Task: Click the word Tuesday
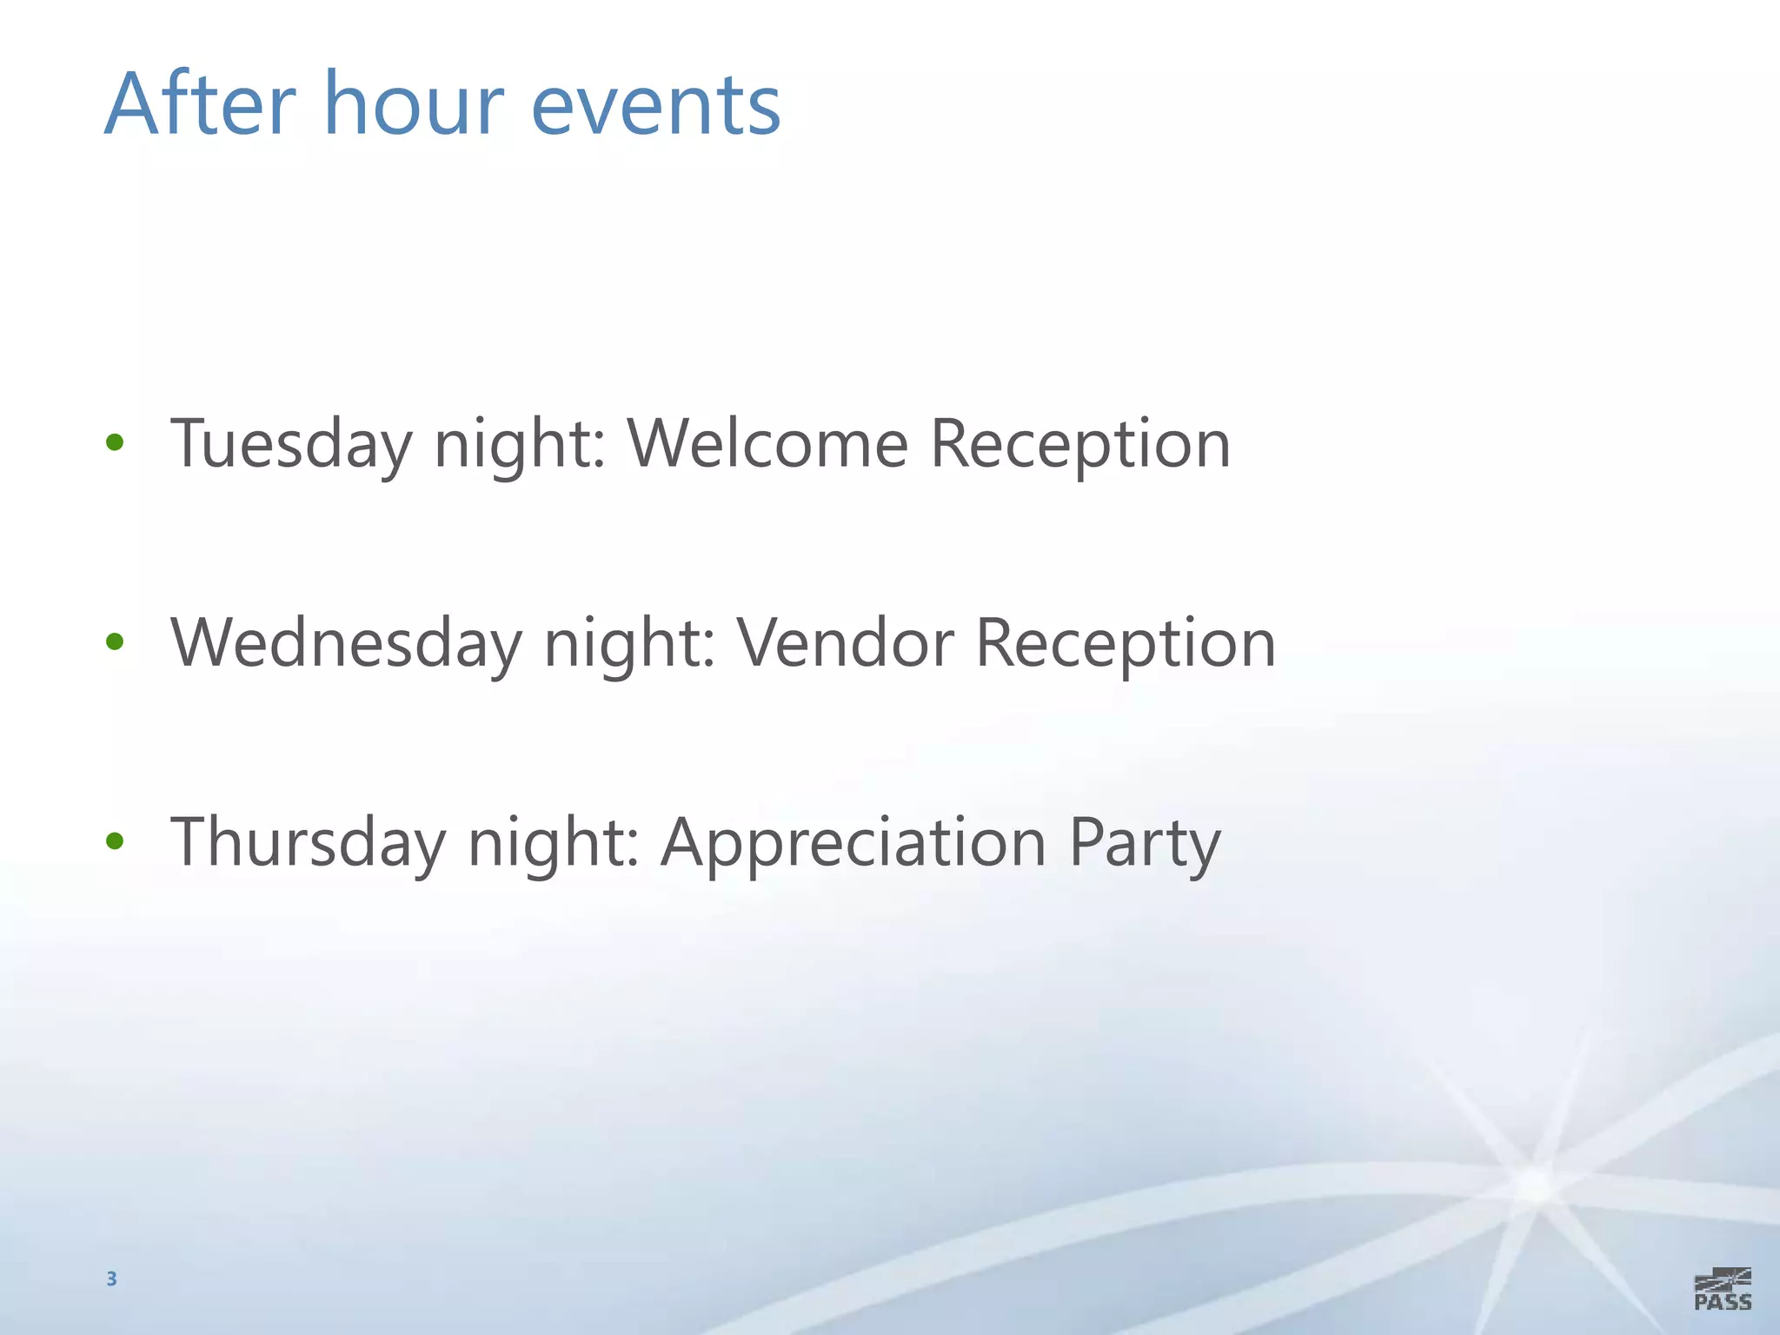coord(290,445)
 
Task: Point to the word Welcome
coord(767,443)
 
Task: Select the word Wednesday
coord(346,644)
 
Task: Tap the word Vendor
coord(846,643)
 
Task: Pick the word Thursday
coord(308,843)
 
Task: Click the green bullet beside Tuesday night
coord(115,443)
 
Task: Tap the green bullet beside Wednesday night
coord(115,642)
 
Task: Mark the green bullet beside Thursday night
coord(115,841)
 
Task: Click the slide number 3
coord(111,1279)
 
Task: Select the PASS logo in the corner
coord(1723,1289)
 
